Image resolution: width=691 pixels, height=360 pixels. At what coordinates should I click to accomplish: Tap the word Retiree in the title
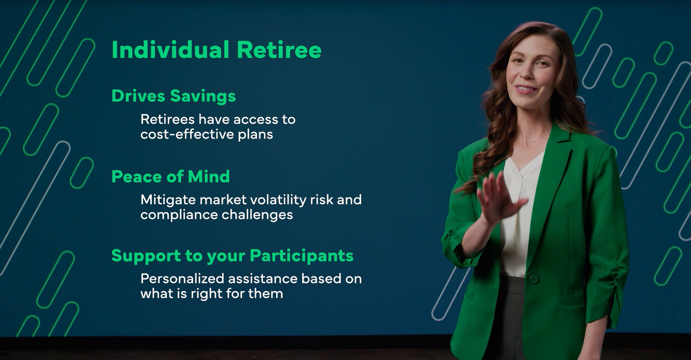pos(279,50)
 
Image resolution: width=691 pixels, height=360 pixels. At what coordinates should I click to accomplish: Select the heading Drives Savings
pos(174,96)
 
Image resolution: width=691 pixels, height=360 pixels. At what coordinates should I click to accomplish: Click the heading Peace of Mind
pos(171,176)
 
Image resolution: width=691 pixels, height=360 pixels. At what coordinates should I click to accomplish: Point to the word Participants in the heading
pos(301,256)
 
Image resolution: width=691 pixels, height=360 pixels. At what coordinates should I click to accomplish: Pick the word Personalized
pos(182,279)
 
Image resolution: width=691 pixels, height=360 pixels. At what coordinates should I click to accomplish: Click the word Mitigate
pos(168,200)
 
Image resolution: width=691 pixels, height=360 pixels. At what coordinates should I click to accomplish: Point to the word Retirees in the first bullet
pos(168,119)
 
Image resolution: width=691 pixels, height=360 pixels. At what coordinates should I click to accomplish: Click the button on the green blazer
pos(534,278)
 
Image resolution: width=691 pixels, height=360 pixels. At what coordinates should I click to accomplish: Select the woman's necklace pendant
pos(532,141)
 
